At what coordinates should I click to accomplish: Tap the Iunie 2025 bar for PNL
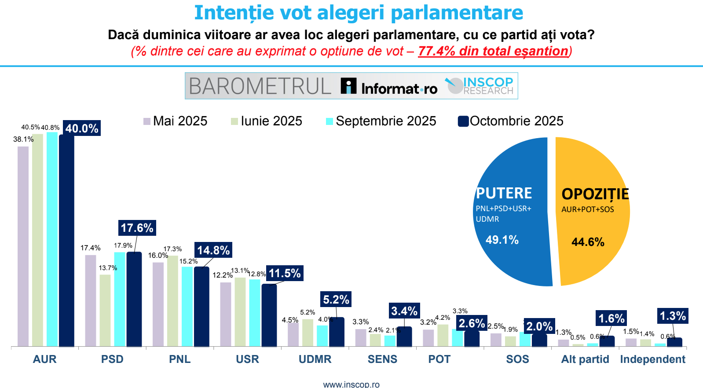coord(172,301)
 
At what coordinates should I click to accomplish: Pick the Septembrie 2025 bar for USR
coord(255,313)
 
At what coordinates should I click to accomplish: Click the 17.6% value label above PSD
coord(137,228)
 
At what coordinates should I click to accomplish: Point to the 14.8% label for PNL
coord(213,250)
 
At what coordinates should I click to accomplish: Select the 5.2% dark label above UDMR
coord(336,300)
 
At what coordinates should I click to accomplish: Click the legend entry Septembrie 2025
coord(381,121)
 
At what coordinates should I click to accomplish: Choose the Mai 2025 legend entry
coord(176,121)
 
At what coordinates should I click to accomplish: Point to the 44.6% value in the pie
coord(588,242)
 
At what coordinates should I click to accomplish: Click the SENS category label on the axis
coord(382,359)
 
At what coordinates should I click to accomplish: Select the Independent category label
coord(652,359)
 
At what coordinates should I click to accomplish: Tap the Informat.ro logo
coord(389,87)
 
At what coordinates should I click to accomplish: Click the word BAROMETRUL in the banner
coord(260,86)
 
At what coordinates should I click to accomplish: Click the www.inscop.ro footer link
coord(351,384)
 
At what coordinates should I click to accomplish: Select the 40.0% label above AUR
coord(82,128)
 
